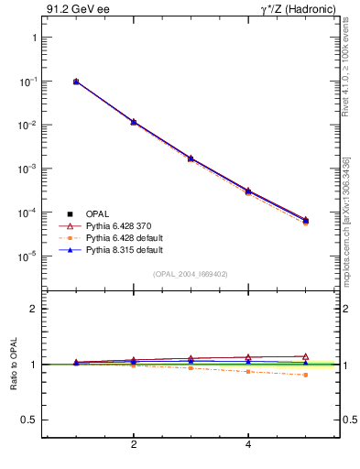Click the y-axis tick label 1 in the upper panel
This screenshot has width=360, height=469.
click(x=33, y=38)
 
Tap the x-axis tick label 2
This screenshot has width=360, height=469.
click(x=134, y=445)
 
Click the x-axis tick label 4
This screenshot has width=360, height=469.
click(x=248, y=445)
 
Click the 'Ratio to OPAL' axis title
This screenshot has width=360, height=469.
click(x=14, y=365)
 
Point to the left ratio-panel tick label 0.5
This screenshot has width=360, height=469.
click(x=29, y=420)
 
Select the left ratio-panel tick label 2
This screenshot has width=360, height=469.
click(x=33, y=309)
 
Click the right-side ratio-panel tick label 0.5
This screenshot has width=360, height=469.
click(x=350, y=420)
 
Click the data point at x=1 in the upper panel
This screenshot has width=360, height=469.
click(x=76, y=82)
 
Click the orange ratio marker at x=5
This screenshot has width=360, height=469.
click(x=305, y=375)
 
